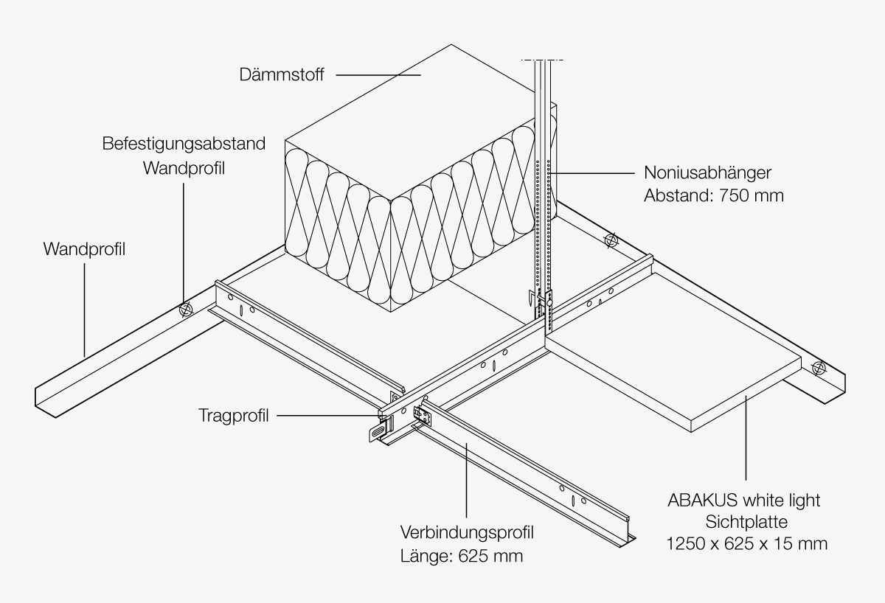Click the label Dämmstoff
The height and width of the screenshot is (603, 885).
point(282,74)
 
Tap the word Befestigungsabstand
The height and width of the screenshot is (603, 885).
point(184,144)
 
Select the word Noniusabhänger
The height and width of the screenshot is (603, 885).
point(707,173)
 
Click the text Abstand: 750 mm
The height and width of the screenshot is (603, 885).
point(714,195)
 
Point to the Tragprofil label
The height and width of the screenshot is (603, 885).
point(234,416)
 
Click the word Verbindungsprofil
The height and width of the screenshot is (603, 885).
point(467,533)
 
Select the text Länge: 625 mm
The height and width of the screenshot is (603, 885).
point(462,556)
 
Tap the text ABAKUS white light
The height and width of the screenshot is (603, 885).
point(744,501)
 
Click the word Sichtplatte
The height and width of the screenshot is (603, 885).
point(746,522)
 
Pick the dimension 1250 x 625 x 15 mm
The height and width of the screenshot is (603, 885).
point(746,544)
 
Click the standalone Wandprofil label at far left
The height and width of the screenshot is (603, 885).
point(84,249)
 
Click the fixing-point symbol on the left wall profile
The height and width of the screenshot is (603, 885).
point(185,310)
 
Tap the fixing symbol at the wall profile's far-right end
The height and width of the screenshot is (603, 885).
point(819,368)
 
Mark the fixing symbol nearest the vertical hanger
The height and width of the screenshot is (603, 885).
point(611,240)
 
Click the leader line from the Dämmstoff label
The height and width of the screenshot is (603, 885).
point(378,74)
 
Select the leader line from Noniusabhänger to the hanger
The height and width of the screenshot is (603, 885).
point(591,173)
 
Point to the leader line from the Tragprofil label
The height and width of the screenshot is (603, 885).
point(329,416)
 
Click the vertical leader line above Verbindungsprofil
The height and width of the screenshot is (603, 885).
point(467,480)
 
